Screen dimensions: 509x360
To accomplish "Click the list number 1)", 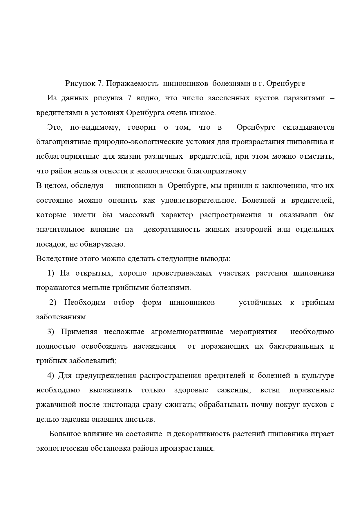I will [x=51, y=273].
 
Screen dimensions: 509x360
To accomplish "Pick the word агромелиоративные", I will [x=187, y=332].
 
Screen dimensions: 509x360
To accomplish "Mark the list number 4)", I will [x=51, y=376].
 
